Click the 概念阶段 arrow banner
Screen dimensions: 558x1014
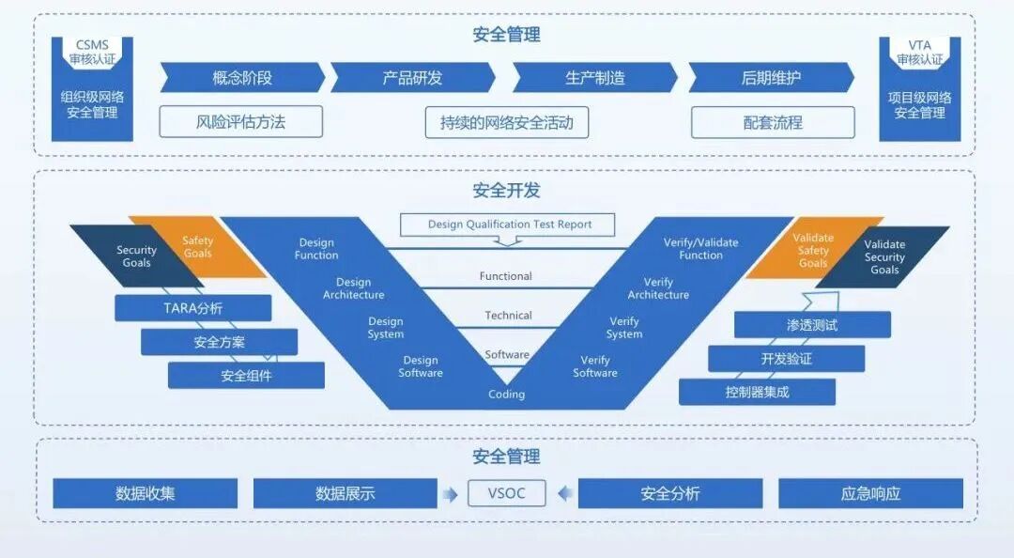(x=242, y=78)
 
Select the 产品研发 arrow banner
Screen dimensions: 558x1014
(x=412, y=78)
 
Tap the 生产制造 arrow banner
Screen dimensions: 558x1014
(x=594, y=78)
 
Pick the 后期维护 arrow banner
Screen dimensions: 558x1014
(x=771, y=78)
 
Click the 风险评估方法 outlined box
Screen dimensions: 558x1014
(x=240, y=121)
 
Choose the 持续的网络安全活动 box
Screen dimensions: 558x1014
(x=506, y=122)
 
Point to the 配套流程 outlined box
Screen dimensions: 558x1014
(x=773, y=122)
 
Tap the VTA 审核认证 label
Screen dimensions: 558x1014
(x=919, y=53)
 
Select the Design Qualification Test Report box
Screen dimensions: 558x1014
(x=508, y=225)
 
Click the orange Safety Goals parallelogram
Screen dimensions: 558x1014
(x=198, y=247)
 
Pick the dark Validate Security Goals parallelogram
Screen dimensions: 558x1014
(x=883, y=256)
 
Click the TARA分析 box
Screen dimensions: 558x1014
(x=192, y=308)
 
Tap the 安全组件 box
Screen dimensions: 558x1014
(x=246, y=376)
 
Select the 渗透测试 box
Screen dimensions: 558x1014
(x=812, y=325)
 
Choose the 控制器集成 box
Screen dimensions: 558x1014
(x=757, y=392)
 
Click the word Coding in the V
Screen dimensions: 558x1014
(x=506, y=395)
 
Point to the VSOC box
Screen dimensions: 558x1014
(x=507, y=493)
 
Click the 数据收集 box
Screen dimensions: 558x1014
(x=145, y=493)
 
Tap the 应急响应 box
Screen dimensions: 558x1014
(x=870, y=493)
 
